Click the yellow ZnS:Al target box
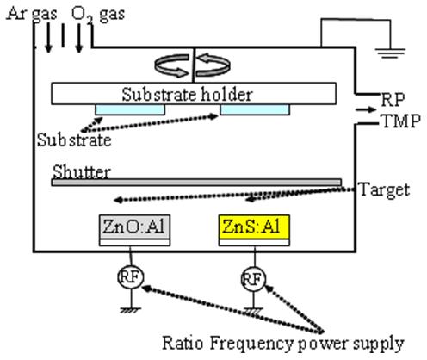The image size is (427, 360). click(254, 227)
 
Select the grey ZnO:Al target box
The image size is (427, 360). click(134, 227)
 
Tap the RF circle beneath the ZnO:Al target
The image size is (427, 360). click(131, 276)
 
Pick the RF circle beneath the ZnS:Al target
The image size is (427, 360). click(253, 278)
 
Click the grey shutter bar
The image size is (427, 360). click(196, 183)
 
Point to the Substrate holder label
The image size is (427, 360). click(187, 94)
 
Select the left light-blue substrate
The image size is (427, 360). click(130, 109)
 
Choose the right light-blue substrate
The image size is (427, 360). click(255, 109)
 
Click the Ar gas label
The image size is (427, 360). click(32, 14)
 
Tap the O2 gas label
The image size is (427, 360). click(98, 15)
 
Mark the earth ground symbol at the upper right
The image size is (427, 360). click(390, 53)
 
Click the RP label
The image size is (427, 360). click(393, 100)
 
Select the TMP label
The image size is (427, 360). click(400, 121)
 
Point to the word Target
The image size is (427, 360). click(384, 189)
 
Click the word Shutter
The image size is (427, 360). click(82, 171)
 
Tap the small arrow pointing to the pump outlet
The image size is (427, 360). click(366, 109)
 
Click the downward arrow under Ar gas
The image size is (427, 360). click(48, 38)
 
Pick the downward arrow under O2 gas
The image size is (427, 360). click(79, 38)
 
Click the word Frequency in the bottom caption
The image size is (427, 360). click(251, 344)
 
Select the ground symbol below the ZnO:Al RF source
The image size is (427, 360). click(131, 310)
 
